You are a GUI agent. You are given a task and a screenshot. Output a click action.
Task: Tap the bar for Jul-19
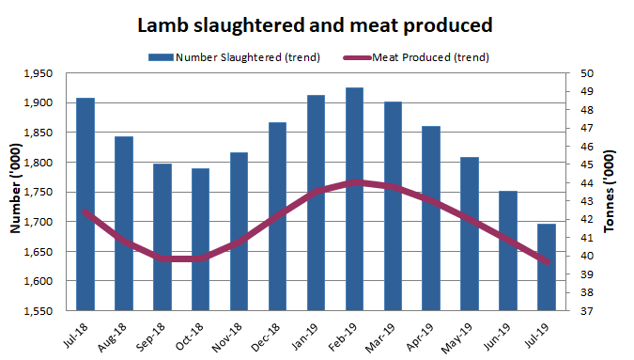click(x=547, y=267)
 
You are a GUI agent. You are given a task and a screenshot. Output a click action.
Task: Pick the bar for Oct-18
click(x=200, y=239)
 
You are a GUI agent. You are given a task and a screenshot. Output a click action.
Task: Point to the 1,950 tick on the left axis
click(x=43, y=73)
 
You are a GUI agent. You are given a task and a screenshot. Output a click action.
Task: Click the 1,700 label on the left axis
click(x=43, y=222)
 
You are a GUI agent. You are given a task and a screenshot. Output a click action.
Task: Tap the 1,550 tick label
click(x=43, y=311)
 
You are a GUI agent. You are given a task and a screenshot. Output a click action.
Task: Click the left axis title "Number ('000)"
click(x=15, y=193)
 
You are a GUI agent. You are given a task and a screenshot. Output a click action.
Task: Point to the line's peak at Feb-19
click(x=354, y=181)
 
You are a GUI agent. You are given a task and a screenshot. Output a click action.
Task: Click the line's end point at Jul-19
click(x=547, y=261)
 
